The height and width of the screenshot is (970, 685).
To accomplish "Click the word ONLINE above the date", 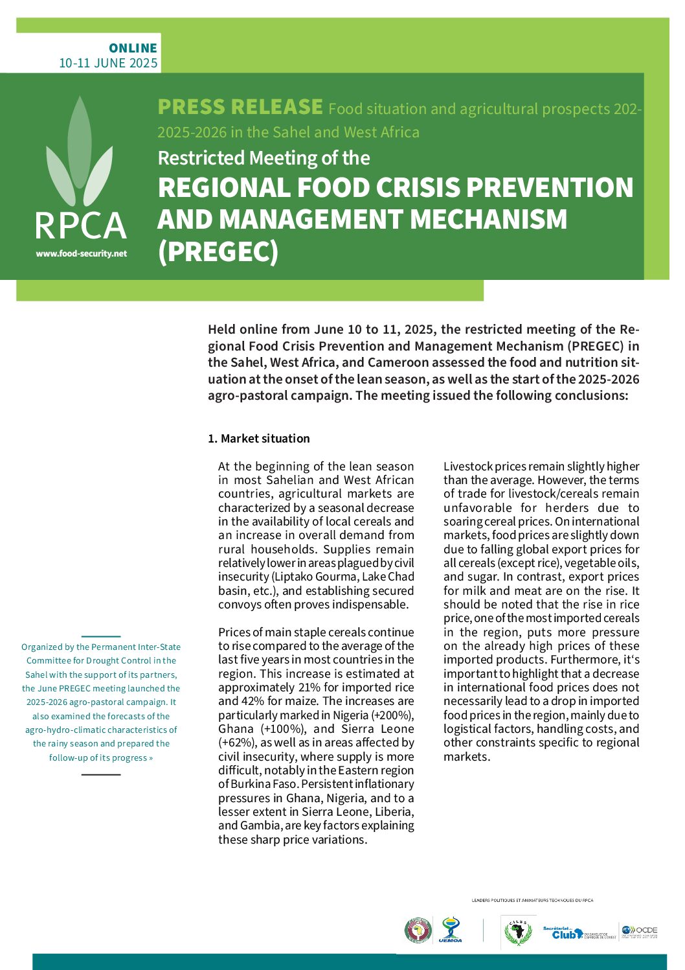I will click(133, 48).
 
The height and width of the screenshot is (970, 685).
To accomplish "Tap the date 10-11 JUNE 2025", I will click(108, 63).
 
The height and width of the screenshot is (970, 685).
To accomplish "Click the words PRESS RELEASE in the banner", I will click(240, 107).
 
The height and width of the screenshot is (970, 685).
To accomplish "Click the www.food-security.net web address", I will click(81, 254).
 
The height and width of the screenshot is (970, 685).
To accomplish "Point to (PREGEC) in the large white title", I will click(218, 252).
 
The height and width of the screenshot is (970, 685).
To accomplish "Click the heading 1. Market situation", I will click(258, 439).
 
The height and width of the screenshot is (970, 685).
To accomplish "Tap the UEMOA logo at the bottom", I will click(450, 930).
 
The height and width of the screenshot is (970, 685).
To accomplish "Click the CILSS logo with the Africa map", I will click(517, 932).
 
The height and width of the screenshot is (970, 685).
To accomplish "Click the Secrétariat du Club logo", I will click(579, 932).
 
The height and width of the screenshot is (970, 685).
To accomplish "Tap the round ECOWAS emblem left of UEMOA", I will click(418, 930).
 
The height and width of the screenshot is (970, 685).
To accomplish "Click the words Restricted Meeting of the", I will click(264, 158).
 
